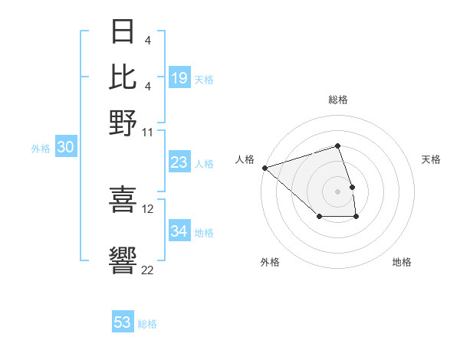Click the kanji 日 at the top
pyautogui.click(x=123, y=33)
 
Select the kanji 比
pyautogui.click(x=123, y=77)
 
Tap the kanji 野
pyautogui.click(x=123, y=122)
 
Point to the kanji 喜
pyautogui.click(x=123, y=198)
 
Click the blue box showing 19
pyautogui.click(x=179, y=78)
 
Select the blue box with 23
pyautogui.click(x=179, y=162)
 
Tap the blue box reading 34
pyautogui.click(x=179, y=231)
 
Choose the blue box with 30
pyautogui.click(x=65, y=148)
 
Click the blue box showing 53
pyautogui.click(x=123, y=322)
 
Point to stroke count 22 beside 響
pyautogui.click(x=147, y=270)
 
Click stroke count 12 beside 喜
pyautogui.click(x=148, y=208)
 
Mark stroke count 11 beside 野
pyautogui.click(x=148, y=132)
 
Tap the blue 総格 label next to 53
pyautogui.click(x=148, y=324)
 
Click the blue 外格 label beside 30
pyautogui.click(x=41, y=149)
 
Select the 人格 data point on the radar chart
pyautogui.click(x=264, y=168)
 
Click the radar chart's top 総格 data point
pyautogui.click(x=337, y=146)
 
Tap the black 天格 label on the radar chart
pyautogui.click(x=431, y=159)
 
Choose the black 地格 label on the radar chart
pyautogui.click(x=402, y=262)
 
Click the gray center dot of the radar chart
pyautogui.click(x=337, y=191)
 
